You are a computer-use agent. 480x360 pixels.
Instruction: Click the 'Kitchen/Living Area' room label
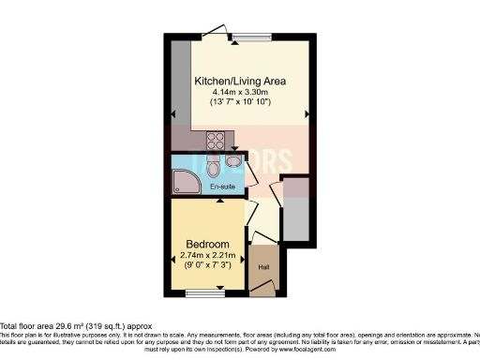point(239,82)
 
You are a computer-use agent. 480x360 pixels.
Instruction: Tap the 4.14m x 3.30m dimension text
point(239,93)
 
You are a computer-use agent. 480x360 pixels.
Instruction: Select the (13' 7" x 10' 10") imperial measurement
point(239,103)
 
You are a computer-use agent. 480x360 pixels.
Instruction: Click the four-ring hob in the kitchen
point(214,142)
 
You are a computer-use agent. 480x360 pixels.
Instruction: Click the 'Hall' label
point(263,265)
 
